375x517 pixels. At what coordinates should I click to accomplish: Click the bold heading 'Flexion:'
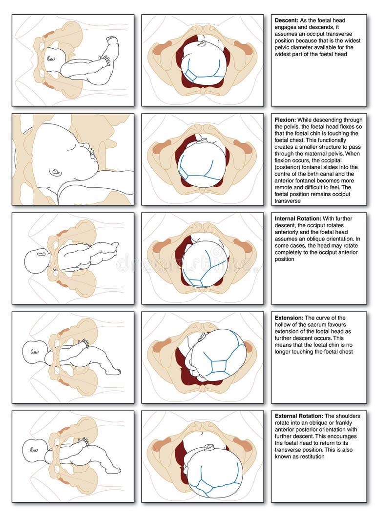[x=286, y=120]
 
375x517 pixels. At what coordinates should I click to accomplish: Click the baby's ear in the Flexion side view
[x=55, y=172]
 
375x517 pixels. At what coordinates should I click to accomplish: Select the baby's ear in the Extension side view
[x=34, y=351]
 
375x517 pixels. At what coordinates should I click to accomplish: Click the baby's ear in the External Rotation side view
[x=34, y=449]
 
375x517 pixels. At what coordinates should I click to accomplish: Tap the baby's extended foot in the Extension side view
[x=113, y=372]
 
